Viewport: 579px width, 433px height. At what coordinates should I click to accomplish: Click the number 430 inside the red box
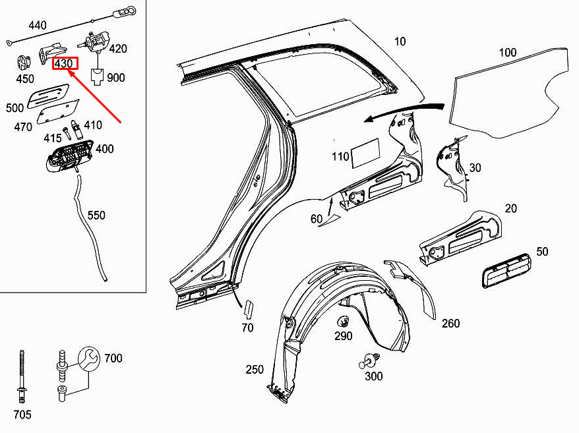point(63,63)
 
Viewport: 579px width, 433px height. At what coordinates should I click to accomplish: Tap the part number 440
point(38,25)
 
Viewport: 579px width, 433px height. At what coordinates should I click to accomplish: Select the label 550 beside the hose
point(96,216)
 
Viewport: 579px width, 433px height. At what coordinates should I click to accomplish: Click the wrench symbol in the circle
point(89,358)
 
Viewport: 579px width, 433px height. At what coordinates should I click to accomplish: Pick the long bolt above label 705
point(22,376)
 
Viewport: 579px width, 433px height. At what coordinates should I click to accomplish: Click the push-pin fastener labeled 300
point(369,361)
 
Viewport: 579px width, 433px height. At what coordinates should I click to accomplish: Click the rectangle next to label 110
point(365,153)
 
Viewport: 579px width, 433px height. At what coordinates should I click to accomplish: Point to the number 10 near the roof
point(400,42)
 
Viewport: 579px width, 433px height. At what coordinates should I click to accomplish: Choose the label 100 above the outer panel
point(508,53)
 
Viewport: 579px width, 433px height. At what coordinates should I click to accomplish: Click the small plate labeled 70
point(249,310)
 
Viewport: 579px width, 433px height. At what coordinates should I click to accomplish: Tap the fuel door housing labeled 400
point(69,156)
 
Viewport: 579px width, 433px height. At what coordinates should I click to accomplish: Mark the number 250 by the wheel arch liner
point(255,370)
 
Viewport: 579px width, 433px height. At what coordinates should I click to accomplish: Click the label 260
point(451,324)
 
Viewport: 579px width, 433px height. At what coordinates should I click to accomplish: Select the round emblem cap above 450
point(24,63)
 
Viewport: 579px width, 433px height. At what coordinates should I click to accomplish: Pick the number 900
point(116,78)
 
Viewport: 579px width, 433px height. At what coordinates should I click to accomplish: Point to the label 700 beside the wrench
point(113,358)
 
